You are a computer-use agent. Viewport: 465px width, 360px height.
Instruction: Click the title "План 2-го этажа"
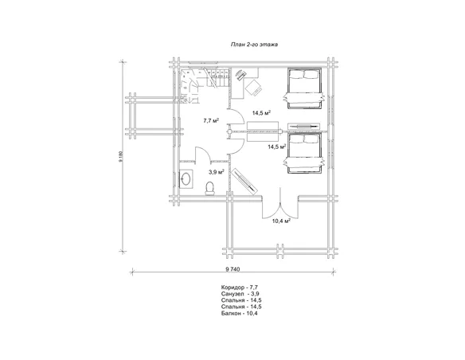pyautogui.click(x=254, y=45)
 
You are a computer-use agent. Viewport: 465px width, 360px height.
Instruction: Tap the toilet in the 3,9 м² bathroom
pyautogui.click(x=210, y=189)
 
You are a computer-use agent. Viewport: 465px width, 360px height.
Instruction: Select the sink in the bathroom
pyautogui.click(x=186, y=179)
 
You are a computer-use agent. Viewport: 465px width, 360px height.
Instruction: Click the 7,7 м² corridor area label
pyautogui.click(x=211, y=120)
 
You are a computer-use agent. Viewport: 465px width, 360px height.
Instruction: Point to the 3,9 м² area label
pyautogui.click(x=217, y=172)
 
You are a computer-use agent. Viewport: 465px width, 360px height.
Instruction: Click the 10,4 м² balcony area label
pyautogui.click(x=281, y=221)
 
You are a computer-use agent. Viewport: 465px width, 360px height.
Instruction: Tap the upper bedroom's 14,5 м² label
pyautogui.click(x=261, y=112)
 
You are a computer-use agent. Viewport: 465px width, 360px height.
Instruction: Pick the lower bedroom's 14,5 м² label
pyautogui.click(x=276, y=147)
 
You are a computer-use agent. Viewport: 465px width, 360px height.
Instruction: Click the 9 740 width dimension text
pyautogui.click(x=232, y=269)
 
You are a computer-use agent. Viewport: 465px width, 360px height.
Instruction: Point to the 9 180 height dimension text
pyautogui.click(x=121, y=157)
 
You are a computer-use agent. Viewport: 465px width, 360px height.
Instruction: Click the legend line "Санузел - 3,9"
pyautogui.click(x=238, y=294)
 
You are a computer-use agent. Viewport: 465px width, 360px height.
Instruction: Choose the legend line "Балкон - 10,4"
pyautogui.click(x=240, y=313)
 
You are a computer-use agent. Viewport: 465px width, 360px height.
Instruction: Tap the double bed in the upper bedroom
pyautogui.click(x=303, y=88)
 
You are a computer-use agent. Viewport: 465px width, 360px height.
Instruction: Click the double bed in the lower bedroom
pyautogui.click(x=303, y=153)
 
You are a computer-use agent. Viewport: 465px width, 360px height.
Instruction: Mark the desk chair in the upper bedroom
pyautogui.click(x=253, y=88)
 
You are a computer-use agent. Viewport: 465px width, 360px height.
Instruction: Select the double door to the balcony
pyautogui.click(x=280, y=205)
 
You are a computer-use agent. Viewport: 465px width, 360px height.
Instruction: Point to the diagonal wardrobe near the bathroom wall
pyautogui.click(x=245, y=181)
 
